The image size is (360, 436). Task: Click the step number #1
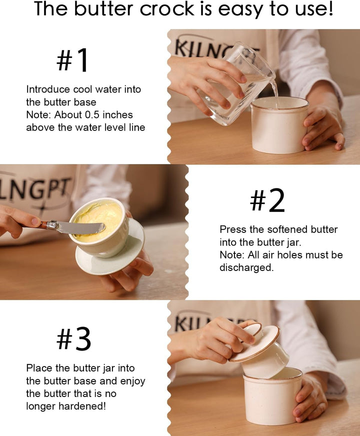pos(73,61)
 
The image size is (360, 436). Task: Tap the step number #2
pos(267,201)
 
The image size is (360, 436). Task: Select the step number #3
pos(73,340)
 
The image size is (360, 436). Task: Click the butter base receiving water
pos(279,125)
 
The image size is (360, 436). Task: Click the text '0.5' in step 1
pos(78,115)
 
